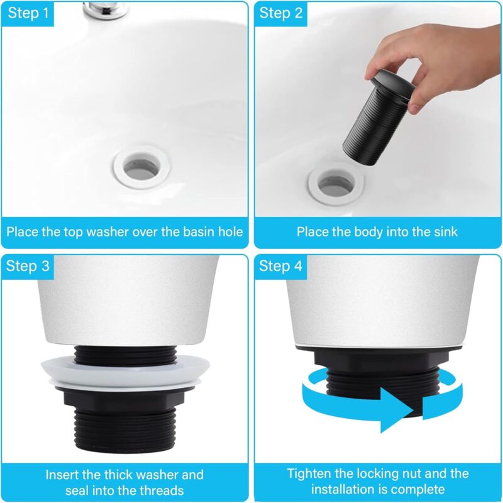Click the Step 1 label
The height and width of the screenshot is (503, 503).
click(28, 13)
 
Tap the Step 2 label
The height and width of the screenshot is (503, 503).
click(281, 13)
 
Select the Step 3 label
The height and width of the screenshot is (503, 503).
click(28, 266)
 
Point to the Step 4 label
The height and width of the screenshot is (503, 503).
click(280, 266)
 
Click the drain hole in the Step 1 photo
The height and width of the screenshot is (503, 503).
click(141, 168)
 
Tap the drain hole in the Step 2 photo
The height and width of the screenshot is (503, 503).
click(336, 184)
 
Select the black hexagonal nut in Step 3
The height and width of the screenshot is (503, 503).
click(125, 399)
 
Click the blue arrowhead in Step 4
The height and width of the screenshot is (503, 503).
click(397, 410)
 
